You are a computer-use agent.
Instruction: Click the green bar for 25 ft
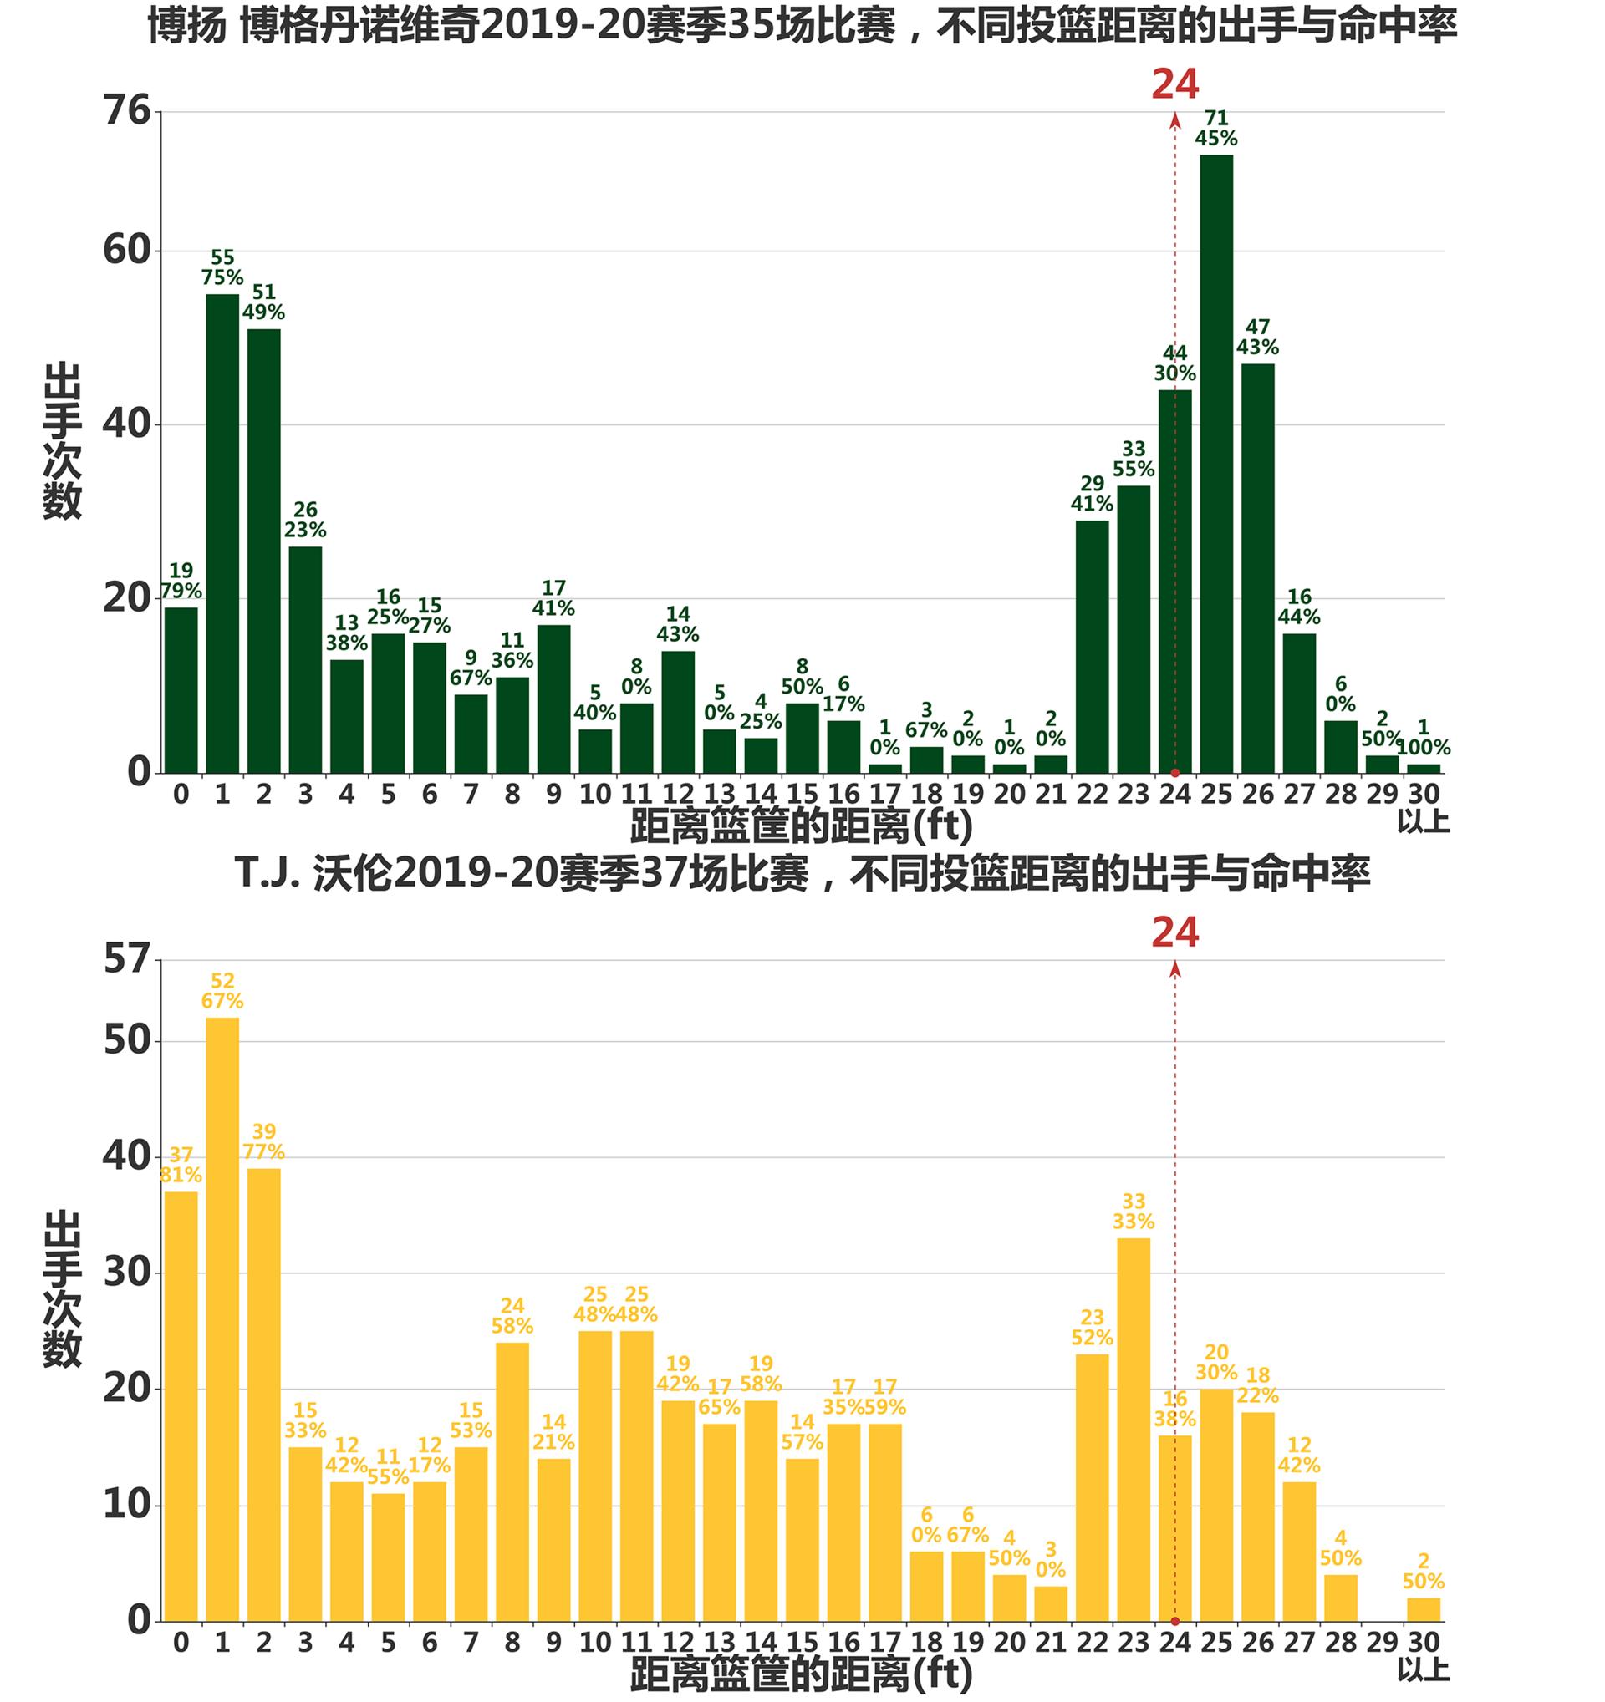[x=1216, y=462]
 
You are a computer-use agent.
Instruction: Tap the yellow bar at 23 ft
[x=1133, y=1429]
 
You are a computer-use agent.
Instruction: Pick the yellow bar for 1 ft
[x=222, y=1318]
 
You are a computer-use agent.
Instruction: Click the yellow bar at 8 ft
[x=512, y=1481]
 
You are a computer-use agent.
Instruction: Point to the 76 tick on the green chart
[x=127, y=110]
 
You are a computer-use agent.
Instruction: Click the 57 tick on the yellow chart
[x=127, y=959]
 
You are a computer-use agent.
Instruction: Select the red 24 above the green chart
[x=1175, y=84]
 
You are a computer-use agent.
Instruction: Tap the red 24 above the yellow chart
[x=1175, y=932]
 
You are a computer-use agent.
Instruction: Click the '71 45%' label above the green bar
[x=1216, y=129]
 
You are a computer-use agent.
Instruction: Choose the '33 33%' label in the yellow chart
[x=1133, y=1212]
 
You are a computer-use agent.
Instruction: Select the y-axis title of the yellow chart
[x=62, y=1288]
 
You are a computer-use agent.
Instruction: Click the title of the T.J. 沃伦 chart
[x=802, y=873]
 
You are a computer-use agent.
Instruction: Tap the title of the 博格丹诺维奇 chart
[x=802, y=26]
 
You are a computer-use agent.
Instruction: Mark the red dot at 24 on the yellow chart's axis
[x=1175, y=1621]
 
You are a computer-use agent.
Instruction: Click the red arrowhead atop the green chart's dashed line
[x=1175, y=119]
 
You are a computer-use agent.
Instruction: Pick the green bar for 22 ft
[x=1092, y=647]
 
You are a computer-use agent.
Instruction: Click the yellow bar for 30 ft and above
[x=1424, y=1608]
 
